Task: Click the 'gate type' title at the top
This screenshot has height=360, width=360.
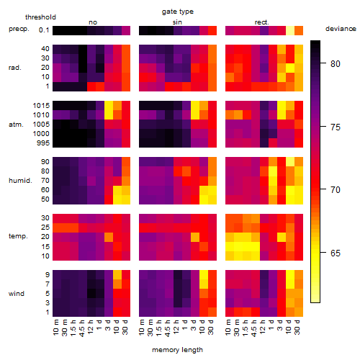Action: tap(178, 12)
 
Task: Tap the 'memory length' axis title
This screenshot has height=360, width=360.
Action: tap(177, 350)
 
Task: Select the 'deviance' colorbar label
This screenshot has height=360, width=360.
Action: tap(341, 29)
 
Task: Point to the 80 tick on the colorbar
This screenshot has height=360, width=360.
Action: tap(336, 63)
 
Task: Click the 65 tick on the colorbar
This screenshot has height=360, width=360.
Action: tap(336, 253)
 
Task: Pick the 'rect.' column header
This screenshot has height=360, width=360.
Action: tap(261, 22)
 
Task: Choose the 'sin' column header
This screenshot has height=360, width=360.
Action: tap(177, 22)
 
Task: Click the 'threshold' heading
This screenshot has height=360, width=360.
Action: tap(40, 17)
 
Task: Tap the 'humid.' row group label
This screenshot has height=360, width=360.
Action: tap(20, 181)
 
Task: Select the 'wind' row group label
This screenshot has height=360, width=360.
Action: tap(17, 294)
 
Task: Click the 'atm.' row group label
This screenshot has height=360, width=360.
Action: tap(16, 125)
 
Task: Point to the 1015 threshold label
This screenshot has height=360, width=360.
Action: tap(41, 106)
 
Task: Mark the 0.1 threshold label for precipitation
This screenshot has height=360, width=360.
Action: tap(44, 30)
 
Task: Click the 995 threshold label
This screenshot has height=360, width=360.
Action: tap(43, 143)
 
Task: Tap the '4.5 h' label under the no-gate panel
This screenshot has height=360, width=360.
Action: tap(81, 328)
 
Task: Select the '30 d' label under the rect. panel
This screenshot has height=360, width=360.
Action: tap(297, 327)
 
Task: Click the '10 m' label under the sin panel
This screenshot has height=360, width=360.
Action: tap(142, 328)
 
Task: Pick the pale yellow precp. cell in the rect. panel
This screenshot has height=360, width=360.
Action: tap(290, 30)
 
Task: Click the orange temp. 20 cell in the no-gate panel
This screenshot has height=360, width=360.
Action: tap(109, 237)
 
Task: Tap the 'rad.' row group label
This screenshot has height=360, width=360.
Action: tap(15, 68)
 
